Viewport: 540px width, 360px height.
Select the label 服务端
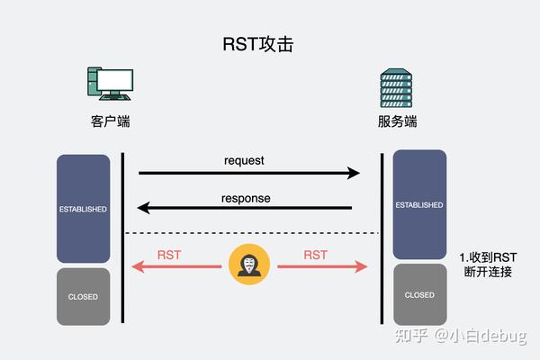[397, 121]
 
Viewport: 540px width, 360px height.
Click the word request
[244, 161]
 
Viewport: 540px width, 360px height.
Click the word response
[246, 198]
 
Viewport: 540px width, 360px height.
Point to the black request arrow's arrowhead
[354, 173]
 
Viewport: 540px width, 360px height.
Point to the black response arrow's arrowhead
[143, 209]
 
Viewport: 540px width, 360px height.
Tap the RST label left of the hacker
[169, 255]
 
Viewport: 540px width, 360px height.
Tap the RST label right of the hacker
[315, 255]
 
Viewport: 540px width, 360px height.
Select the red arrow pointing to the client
[175, 266]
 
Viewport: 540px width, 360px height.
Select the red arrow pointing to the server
[322, 266]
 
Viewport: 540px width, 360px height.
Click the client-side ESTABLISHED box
[83, 209]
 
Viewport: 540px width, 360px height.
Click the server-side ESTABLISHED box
[419, 204]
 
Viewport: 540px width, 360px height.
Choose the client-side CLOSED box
[83, 296]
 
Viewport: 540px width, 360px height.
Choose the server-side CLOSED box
[419, 294]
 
